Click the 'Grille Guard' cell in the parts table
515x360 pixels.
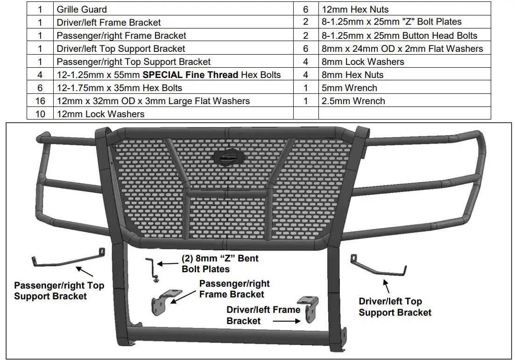[x=82, y=9]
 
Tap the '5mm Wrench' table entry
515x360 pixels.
[x=350, y=88]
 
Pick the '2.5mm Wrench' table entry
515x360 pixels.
[x=353, y=101]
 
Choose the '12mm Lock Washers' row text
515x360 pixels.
[x=100, y=114]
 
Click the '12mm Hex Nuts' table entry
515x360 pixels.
[x=355, y=9]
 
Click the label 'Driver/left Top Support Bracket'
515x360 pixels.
[x=395, y=307]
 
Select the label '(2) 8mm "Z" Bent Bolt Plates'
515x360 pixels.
[x=219, y=264]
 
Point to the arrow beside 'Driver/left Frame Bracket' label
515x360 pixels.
[x=290, y=321]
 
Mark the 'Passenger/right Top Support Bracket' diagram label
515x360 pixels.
[x=59, y=290]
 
